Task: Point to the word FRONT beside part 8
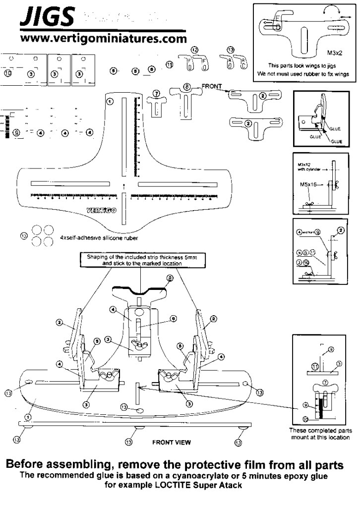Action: [212, 86]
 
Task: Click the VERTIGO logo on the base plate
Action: [102, 210]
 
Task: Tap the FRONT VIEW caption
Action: [171, 441]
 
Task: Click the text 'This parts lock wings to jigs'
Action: [303, 65]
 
